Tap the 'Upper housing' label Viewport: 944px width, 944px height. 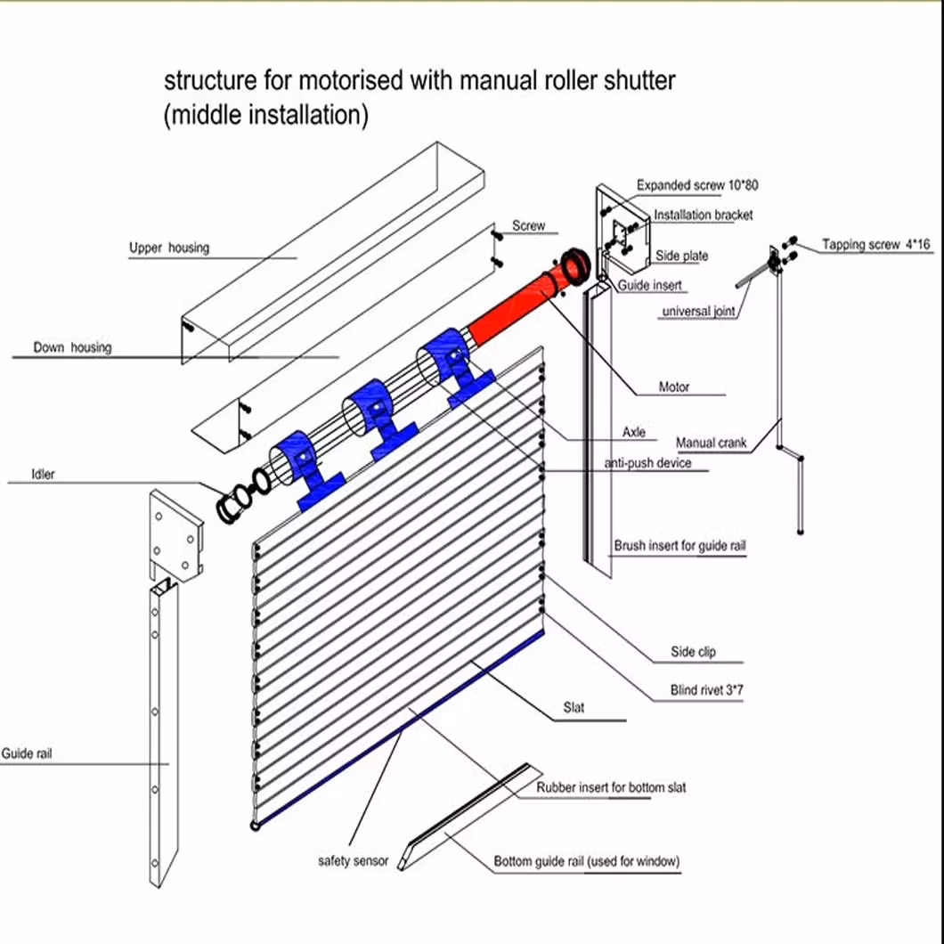(168, 248)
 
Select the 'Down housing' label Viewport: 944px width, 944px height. (72, 347)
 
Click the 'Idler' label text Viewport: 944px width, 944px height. (43, 474)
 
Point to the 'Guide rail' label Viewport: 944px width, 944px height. (28, 753)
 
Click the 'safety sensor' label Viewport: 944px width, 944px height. (354, 861)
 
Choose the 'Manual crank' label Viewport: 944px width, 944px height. (711, 443)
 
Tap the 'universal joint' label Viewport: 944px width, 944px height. (698, 312)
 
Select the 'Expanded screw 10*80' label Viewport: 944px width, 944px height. (697, 185)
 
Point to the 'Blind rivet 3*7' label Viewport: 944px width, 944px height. (706, 689)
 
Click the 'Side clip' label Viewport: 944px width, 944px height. (693, 652)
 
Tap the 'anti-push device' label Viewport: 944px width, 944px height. (647, 463)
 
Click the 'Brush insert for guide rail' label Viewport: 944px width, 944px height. (680, 545)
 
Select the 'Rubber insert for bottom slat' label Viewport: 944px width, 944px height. (611, 787)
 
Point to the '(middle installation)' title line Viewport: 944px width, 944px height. (265, 116)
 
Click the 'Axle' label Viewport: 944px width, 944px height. (633, 433)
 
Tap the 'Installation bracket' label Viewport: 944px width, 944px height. (703, 215)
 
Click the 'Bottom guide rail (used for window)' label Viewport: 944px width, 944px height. (587, 861)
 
